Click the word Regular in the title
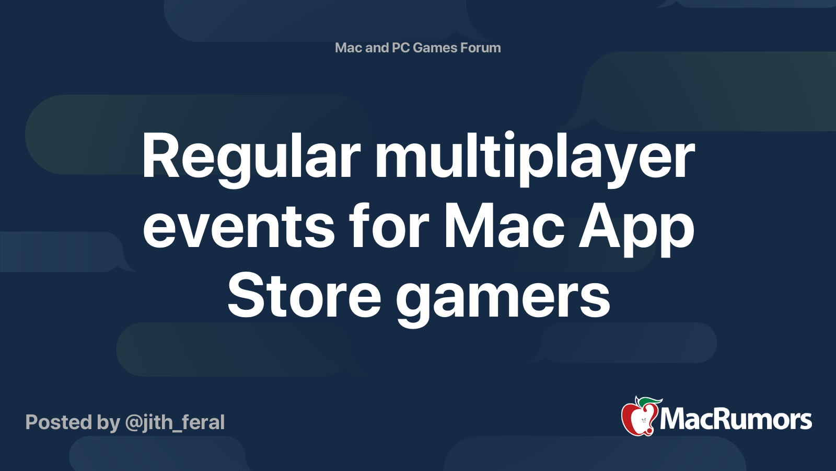[251, 159]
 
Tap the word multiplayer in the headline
[535, 159]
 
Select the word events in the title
[239, 227]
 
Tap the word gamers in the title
[503, 300]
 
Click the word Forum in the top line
[480, 48]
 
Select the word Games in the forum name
[435, 48]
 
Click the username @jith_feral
[175, 423]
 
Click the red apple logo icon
[640, 418]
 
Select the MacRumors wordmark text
[735, 419]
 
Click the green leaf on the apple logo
[649, 401]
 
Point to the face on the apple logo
[643, 421]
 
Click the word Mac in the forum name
[349, 48]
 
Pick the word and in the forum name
[377, 48]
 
